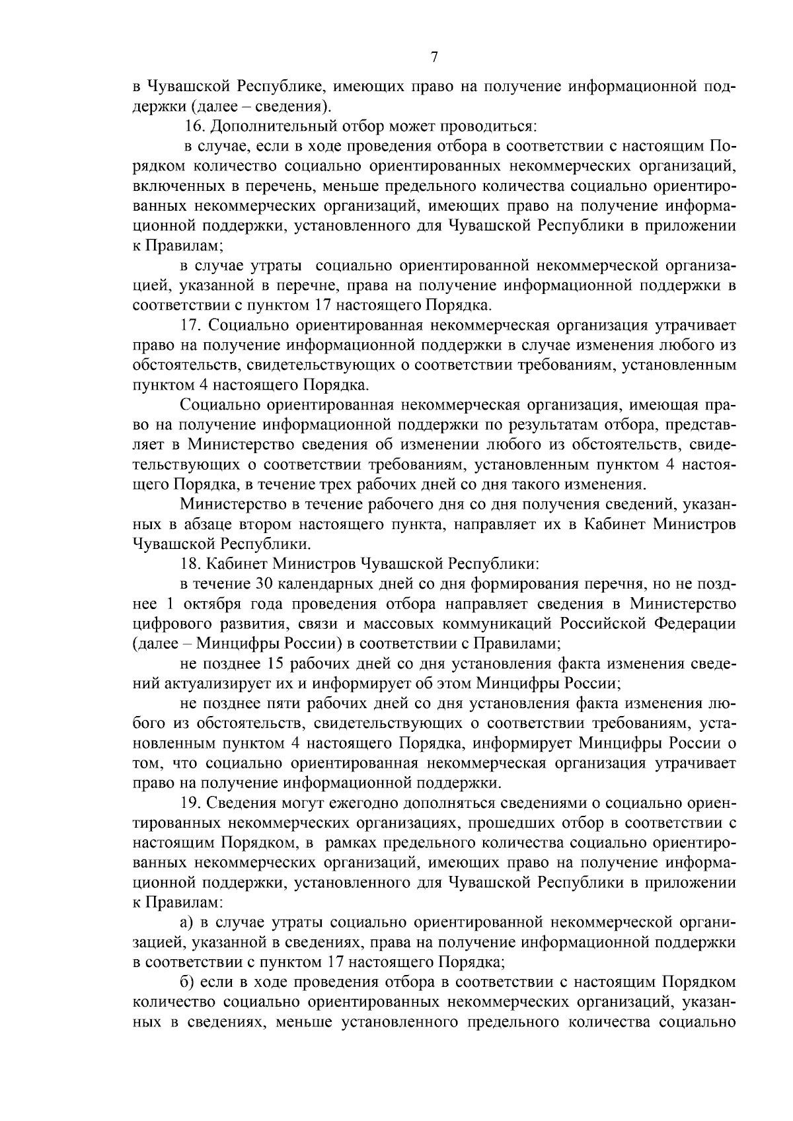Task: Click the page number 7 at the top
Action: click(x=434, y=57)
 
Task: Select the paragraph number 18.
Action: click(x=192, y=564)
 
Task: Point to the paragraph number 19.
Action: click(x=192, y=802)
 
